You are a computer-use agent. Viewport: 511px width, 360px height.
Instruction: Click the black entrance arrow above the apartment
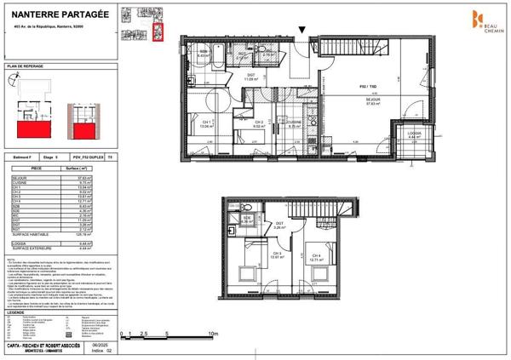coord(304,33)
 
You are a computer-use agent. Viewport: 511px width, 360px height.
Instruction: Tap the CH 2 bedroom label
coord(259,124)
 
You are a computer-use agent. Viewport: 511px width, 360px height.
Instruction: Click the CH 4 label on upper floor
coord(314,255)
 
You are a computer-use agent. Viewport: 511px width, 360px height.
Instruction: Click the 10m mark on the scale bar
coord(213,335)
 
